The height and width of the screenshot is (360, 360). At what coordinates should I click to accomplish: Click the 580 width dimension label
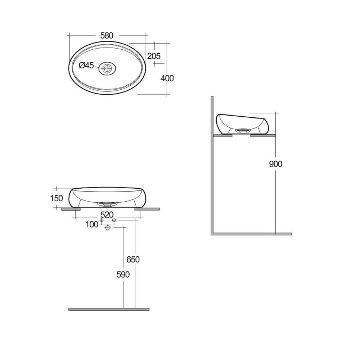(x=107, y=35)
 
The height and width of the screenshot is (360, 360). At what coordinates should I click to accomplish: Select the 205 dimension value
(x=153, y=56)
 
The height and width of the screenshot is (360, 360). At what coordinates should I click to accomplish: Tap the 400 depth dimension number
(x=167, y=78)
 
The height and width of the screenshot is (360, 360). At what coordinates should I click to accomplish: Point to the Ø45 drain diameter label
(x=86, y=65)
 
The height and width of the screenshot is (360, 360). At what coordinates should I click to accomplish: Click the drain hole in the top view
(x=107, y=68)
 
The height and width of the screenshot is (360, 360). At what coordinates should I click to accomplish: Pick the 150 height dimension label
(x=57, y=198)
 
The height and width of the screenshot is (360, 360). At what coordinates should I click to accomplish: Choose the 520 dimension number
(x=107, y=215)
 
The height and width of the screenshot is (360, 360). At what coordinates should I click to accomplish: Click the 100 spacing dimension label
(x=92, y=225)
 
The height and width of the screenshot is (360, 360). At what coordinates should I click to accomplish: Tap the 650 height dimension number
(x=133, y=259)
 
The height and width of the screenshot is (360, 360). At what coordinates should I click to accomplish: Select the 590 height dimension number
(x=122, y=274)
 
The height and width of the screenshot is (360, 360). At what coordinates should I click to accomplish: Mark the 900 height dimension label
(x=276, y=164)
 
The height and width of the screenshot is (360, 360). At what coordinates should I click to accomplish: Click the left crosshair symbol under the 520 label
(x=102, y=220)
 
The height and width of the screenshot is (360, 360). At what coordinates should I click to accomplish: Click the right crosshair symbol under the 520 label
(x=114, y=220)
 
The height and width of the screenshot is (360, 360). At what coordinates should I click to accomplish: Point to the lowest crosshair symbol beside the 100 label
(x=107, y=228)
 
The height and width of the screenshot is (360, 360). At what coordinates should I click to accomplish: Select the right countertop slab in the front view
(x=147, y=209)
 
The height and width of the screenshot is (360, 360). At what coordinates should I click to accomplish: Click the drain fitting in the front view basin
(x=107, y=203)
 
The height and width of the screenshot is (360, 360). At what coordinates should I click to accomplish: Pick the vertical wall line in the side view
(x=212, y=166)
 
